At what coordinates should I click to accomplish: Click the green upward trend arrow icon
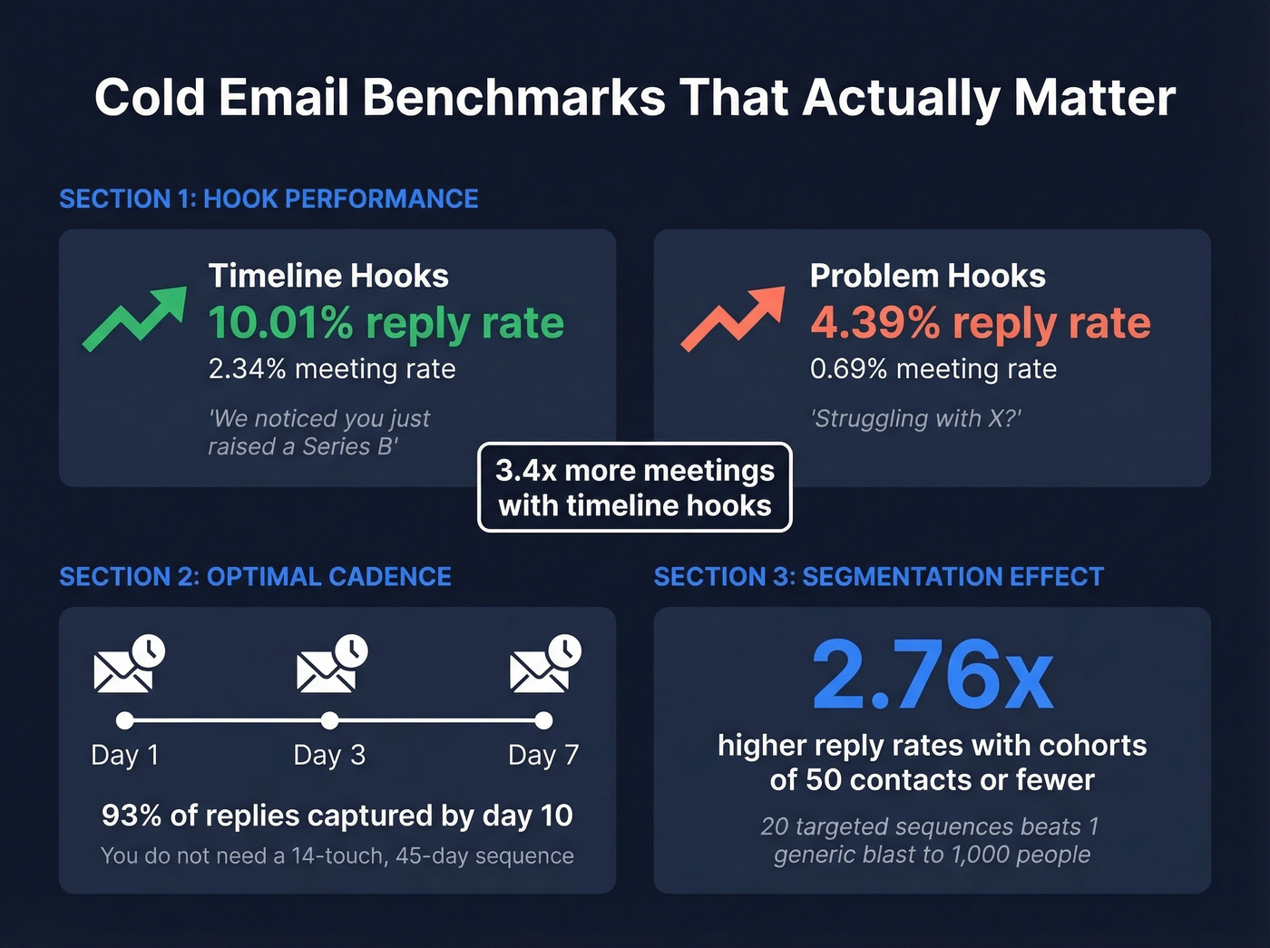pyautogui.click(x=134, y=318)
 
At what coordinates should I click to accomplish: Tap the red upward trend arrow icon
pyautogui.click(x=732, y=318)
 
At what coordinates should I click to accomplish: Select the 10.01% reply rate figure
pyautogui.click(x=386, y=323)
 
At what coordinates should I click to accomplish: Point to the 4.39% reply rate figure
pyautogui.click(x=980, y=323)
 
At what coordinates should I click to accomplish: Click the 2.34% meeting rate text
pyautogui.click(x=332, y=369)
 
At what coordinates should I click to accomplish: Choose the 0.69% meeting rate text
pyautogui.click(x=933, y=369)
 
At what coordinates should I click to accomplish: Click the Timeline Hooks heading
pyautogui.click(x=328, y=276)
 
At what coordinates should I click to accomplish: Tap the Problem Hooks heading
pyautogui.click(x=927, y=276)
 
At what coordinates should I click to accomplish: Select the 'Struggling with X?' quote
pyautogui.click(x=915, y=418)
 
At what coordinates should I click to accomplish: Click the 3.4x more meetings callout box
pyautogui.click(x=635, y=487)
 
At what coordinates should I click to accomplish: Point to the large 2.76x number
pyautogui.click(x=932, y=676)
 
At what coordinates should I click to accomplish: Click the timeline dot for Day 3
pyautogui.click(x=329, y=720)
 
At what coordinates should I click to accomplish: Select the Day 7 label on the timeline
pyautogui.click(x=542, y=755)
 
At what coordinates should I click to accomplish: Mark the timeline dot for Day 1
pyautogui.click(x=125, y=720)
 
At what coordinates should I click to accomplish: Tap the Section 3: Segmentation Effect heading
pyautogui.click(x=878, y=577)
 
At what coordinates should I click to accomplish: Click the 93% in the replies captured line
pyautogui.click(x=132, y=816)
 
